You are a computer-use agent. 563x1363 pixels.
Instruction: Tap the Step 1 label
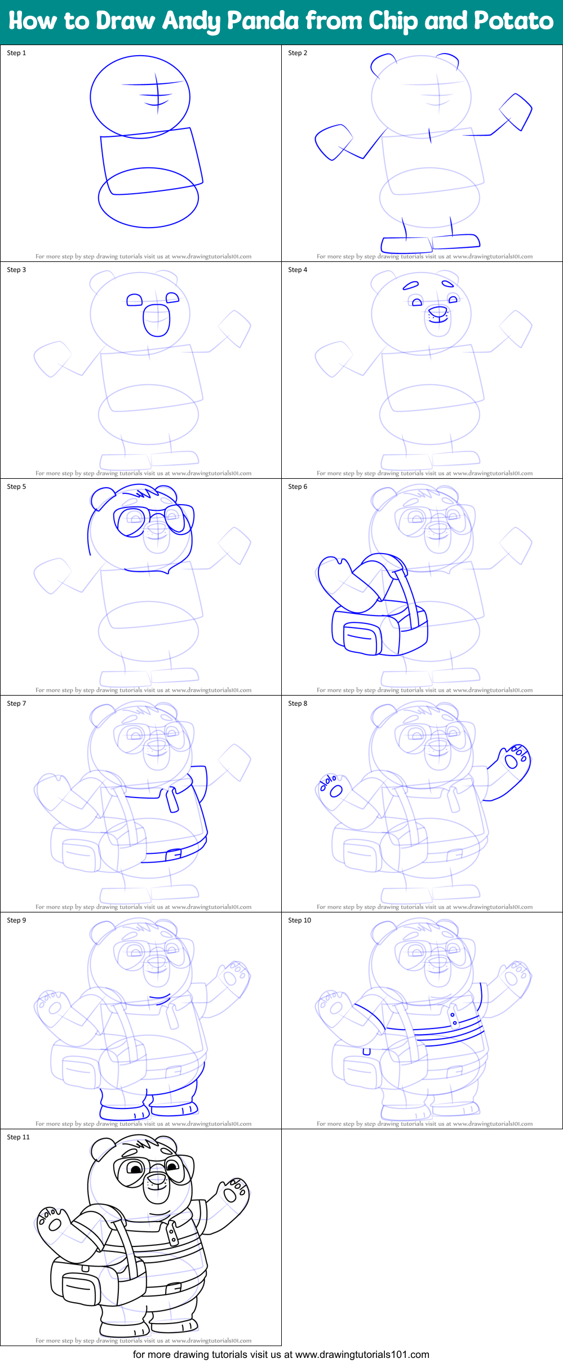(x=16, y=53)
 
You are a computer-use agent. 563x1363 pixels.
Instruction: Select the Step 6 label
(x=298, y=487)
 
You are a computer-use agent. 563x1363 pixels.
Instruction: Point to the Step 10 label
(x=299, y=920)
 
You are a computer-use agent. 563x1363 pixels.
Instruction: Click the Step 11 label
(x=18, y=1137)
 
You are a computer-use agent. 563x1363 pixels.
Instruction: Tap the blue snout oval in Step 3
(x=156, y=320)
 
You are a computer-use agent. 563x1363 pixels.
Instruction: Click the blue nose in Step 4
(x=438, y=311)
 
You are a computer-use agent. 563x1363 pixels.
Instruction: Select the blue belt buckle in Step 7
(x=174, y=854)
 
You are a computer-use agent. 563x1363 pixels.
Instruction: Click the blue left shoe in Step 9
(x=123, y=1110)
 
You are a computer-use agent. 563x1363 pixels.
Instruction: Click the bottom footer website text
(x=281, y=1355)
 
